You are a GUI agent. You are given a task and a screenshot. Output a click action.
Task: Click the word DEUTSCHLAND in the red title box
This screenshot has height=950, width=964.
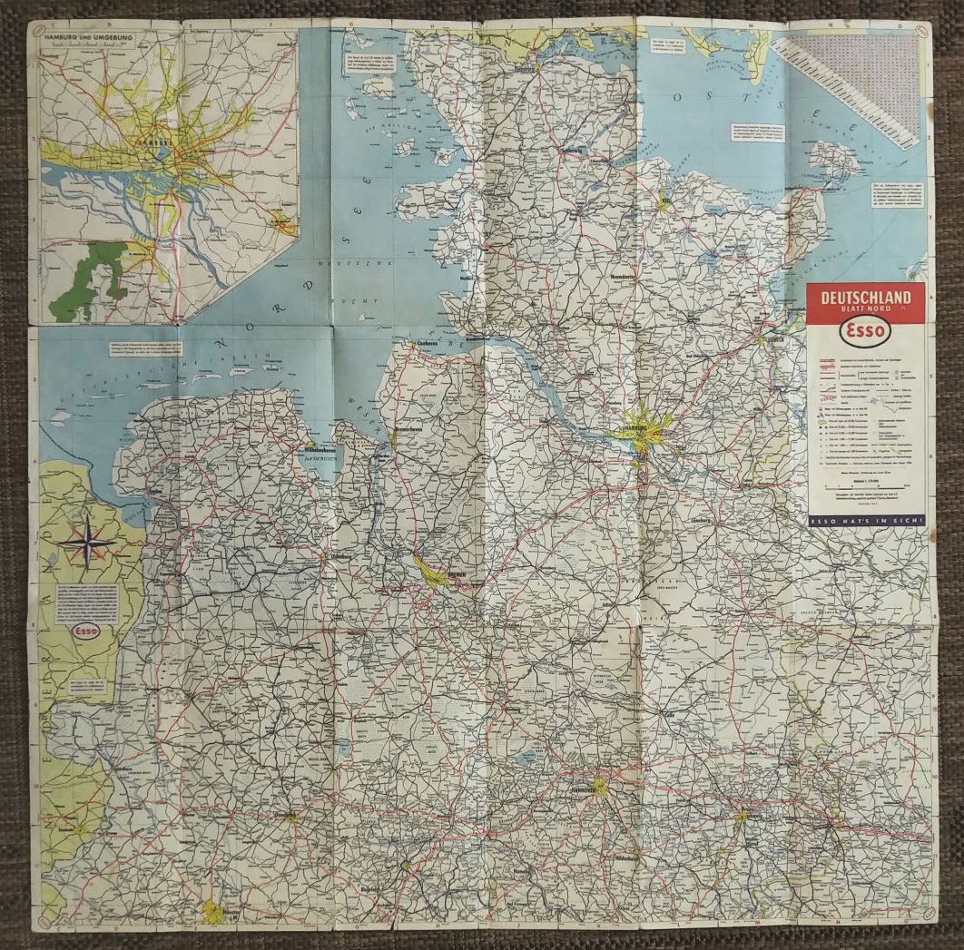click(865, 297)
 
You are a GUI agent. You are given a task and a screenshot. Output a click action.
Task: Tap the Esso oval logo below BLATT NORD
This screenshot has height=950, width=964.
click(865, 332)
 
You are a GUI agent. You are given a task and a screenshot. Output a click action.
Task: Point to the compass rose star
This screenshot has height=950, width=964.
click(87, 542)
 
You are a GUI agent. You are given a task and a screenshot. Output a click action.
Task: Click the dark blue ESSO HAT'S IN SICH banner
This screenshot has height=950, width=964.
click(865, 521)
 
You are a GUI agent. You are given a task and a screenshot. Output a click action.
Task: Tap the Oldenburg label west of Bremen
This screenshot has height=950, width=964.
click(342, 555)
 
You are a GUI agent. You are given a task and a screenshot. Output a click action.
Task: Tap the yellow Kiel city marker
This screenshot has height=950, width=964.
click(664, 201)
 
